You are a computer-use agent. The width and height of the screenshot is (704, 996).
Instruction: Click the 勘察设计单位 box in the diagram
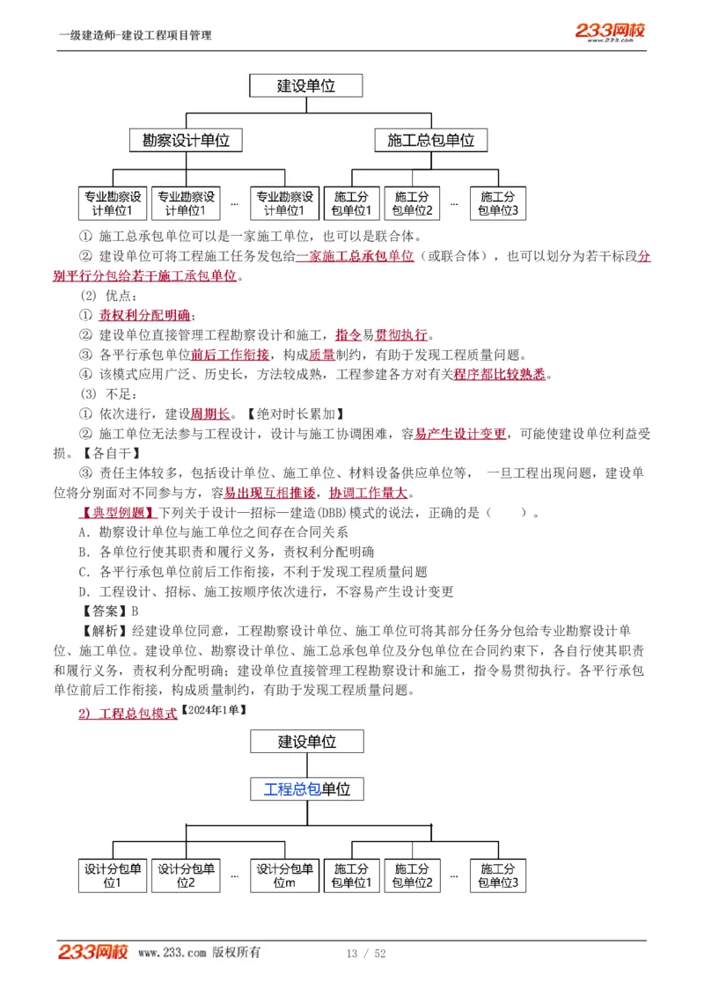(186, 140)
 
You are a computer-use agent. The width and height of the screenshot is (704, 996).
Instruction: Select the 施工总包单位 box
(430, 140)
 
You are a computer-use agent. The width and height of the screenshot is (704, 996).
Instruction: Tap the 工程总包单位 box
(307, 788)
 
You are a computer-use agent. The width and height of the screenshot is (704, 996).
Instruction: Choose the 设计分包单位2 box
(186, 875)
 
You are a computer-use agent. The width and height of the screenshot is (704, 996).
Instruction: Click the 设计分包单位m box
(284, 875)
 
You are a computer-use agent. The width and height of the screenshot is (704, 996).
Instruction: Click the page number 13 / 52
(366, 954)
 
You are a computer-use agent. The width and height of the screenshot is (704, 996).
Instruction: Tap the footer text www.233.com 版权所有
(199, 953)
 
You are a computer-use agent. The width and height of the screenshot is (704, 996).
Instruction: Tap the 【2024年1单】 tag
(213, 709)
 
